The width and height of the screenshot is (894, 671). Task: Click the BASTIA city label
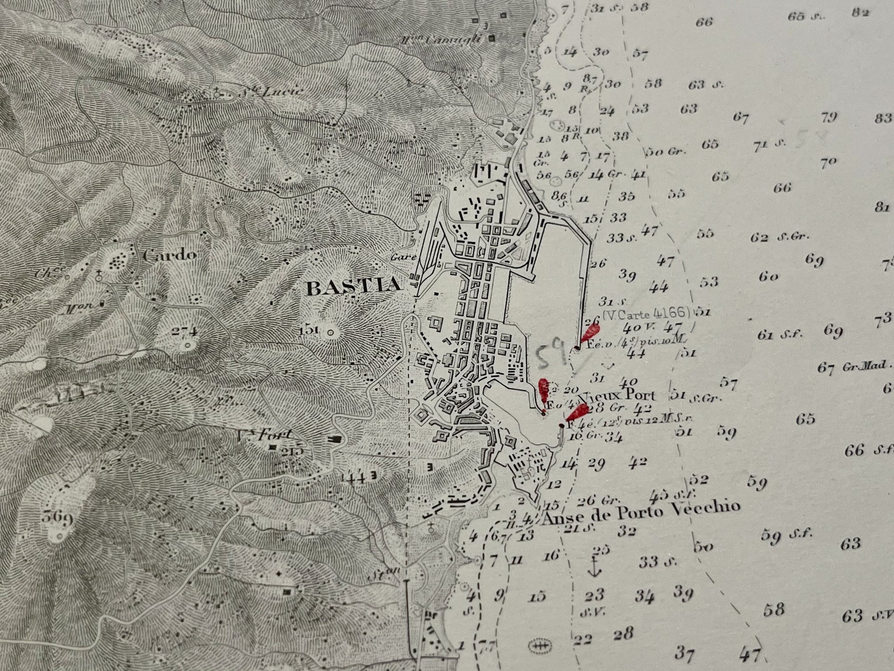pos(353,287)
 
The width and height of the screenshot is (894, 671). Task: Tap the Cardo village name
pos(169,255)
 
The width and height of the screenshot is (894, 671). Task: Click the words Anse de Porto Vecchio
pos(641,511)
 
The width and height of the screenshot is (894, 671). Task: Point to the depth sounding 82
pos(860,12)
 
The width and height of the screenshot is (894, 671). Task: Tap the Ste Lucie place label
pos(276,91)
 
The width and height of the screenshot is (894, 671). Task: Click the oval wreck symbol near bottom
pos(538,646)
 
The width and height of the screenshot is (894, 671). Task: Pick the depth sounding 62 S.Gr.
pos(779,238)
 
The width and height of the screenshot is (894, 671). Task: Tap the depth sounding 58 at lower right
pos(774,610)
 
